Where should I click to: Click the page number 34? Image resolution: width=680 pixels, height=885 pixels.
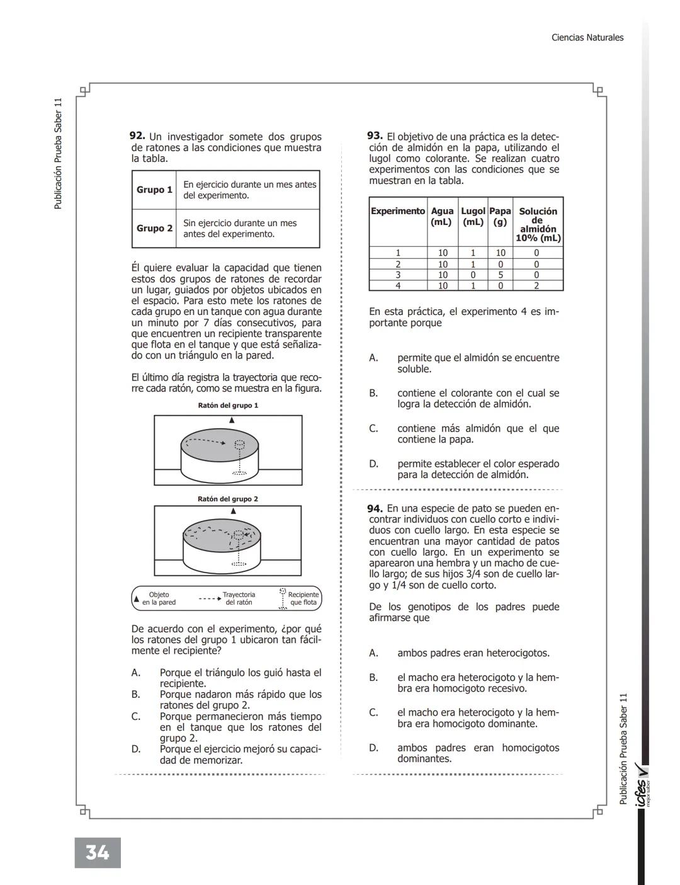(97, 852)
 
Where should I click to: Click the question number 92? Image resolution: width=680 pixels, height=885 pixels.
(137, 136)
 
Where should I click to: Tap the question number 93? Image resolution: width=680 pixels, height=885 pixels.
(375, 136)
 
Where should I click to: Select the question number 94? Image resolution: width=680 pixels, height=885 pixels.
(375, 508)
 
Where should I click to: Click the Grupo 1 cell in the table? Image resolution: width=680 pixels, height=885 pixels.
(154, 190)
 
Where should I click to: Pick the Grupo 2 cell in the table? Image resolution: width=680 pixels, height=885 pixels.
(154, 228)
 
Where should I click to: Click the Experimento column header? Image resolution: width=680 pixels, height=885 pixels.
(398, 211)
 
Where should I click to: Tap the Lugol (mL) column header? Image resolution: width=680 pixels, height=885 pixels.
(473, 216)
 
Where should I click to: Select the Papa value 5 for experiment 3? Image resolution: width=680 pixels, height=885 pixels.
(500, 275)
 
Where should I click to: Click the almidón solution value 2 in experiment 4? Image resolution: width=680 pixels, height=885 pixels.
(536, 285)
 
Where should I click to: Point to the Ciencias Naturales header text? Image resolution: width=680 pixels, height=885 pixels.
(587, 38)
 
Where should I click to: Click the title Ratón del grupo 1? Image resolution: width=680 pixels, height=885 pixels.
(228, 406)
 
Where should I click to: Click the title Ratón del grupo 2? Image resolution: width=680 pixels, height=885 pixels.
(228, 499)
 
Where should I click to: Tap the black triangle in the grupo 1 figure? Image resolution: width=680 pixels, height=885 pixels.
(231, 420)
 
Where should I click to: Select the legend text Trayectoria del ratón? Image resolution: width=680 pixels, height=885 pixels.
(239, 598)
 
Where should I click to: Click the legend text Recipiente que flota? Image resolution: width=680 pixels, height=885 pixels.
(303, 598)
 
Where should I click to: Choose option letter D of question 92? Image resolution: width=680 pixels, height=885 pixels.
(136, 749)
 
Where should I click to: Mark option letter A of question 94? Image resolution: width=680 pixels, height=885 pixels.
(373, 653)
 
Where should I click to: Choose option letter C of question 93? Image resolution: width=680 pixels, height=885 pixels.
(373, 428)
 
